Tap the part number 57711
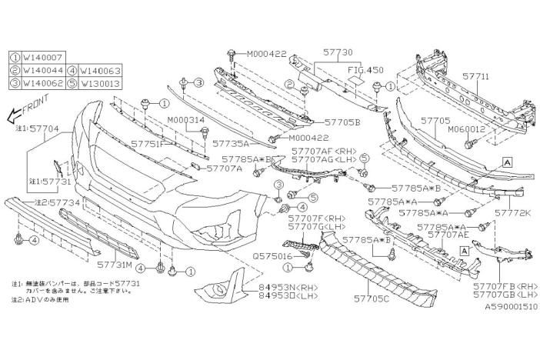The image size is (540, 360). (x=475, y=78)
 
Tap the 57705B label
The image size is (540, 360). (x=342, y=122)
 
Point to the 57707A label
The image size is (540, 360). (x=224, y=167)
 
